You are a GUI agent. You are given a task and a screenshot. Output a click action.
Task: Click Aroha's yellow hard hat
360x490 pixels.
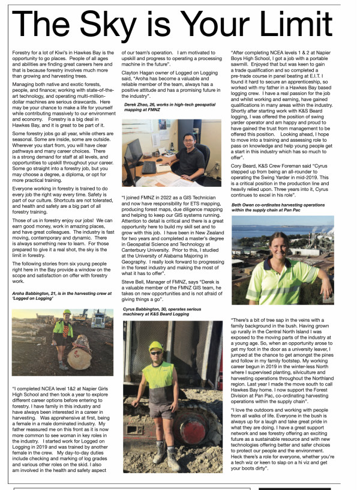[67, 312]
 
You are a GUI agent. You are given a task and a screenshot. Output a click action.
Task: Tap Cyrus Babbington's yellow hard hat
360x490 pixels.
[156, 346]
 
